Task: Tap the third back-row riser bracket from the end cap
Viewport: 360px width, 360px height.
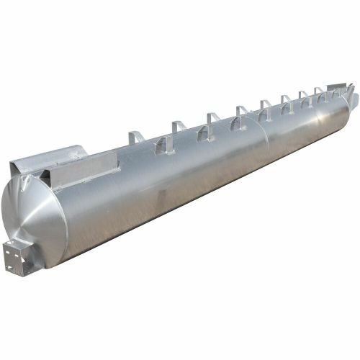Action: (x=214, y=117)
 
